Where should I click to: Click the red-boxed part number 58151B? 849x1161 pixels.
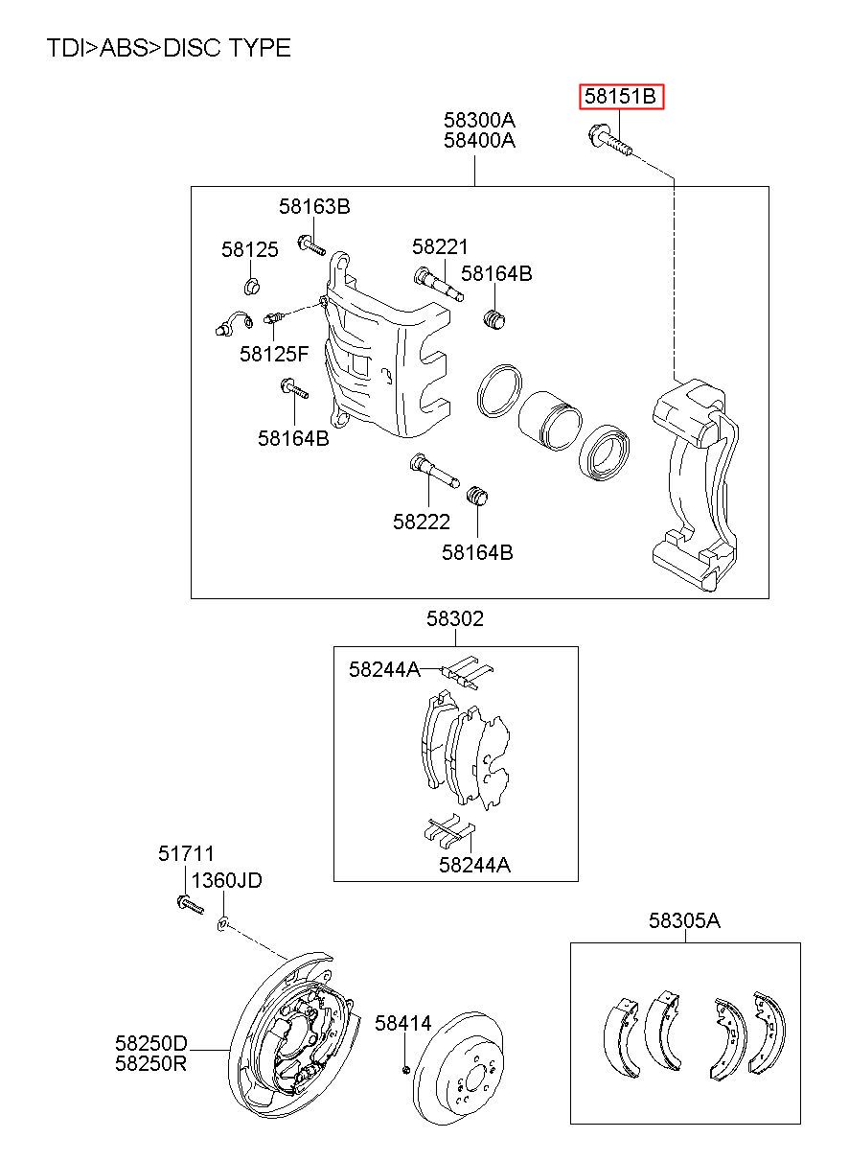[620, 96]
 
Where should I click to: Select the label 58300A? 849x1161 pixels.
[479, 120]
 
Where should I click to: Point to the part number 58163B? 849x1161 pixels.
[314, 206]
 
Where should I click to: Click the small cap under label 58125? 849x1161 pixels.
[252, 286]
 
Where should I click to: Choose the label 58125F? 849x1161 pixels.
[274, 354]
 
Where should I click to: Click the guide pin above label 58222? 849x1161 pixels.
[434, 470]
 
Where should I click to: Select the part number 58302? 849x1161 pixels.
[455, 618]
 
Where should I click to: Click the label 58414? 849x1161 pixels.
[403, 1023]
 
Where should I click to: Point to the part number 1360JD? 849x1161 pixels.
[227, 879]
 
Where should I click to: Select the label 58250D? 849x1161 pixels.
[150, 1042]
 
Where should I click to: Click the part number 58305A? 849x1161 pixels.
[684, 920]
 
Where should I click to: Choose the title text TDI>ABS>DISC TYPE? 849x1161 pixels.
[169, 48]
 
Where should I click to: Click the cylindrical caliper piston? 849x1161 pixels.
[550, 420]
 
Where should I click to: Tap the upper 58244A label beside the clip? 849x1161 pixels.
[384, 669]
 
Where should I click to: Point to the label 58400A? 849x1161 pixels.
[479, 140]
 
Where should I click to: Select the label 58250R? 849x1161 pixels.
[150, 1063]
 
